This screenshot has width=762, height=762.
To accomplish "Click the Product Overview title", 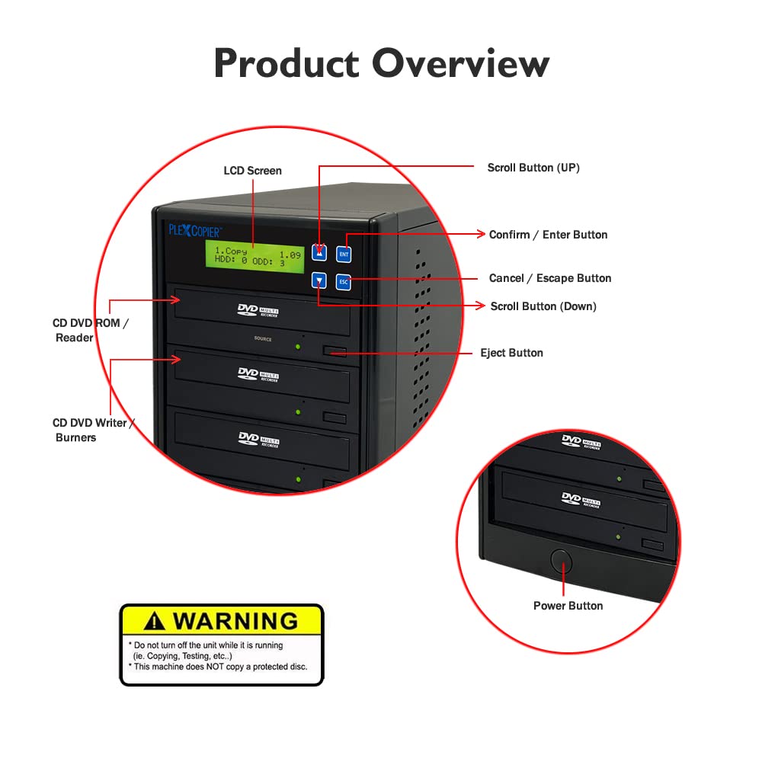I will pyautogui.click(x=381, y=64).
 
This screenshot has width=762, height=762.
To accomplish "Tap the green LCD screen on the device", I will pyautogui.click(x=255, y=255).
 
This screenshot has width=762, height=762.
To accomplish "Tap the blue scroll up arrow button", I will pyautogui.click(x=319, y=251).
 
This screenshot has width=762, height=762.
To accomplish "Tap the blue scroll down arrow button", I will pyautogui.click(x=319, y=281).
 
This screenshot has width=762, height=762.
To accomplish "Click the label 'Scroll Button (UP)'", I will pyautogui.click(x=533, y=168).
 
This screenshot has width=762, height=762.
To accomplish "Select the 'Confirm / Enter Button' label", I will pyautogui.click(x=548, y=235).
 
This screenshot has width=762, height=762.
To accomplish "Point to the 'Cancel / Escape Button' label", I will pyautogui.click(x=550, y=278).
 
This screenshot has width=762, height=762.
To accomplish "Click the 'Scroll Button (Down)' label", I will pyautogui.click(x=543, y=306).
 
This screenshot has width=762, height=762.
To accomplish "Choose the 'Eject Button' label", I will pyautogui.click(x=511, y=353).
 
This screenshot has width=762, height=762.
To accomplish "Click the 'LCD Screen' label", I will pyautogui.click(x=252, y=171).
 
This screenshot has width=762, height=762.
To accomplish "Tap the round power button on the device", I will pyautogui.click(x=562, y=560).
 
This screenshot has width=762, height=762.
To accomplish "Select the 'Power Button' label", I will pyautogui.click(x=568, y=606).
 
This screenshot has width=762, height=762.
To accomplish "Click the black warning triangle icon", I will pyautogui.click(x=154, y=621).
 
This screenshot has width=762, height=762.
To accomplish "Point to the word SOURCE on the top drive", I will pyautogui.click(x=262, y=339).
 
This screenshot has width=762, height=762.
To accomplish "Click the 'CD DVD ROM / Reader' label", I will pyautogui.click(x=90, y=330).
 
